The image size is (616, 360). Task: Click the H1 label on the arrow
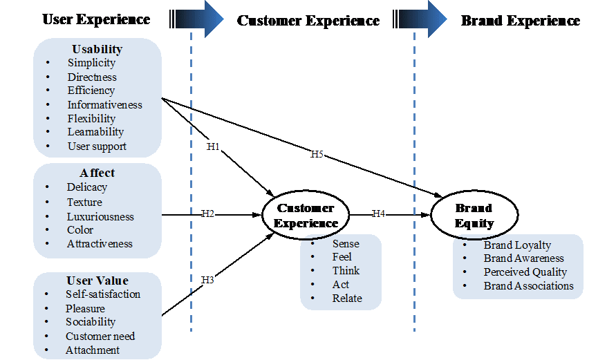(x=214, y=146)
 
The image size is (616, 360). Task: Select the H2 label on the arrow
(x=208, y=214)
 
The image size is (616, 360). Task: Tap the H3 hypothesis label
(x=208, y=280)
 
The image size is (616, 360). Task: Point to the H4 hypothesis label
(x=379, y=214)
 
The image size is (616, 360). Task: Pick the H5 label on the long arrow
(x=317, y=154)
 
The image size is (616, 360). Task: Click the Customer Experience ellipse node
(x=306, y=216)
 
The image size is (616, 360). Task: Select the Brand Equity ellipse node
(x=474, y=216)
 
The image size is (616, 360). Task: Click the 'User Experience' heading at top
(x=96, y=19)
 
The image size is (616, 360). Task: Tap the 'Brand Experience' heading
(x=521, y=21)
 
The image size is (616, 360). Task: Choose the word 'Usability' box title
(x=97, y=49)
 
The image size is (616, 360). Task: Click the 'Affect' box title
(x=97, y=173)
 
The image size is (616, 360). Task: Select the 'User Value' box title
(x=97, y=281)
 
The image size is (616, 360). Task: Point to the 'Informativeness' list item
(x=104, y=105)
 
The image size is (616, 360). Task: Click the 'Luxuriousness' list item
(x=100, y=216)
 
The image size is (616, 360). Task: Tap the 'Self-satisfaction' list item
(x=103, y=294)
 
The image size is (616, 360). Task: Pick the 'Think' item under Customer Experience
(x=346, y=271)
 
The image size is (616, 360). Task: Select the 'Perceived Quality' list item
(x=525, y=272)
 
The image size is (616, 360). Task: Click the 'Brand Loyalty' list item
(x=517, y=245)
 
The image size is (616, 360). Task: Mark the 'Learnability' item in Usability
(x=95, y=132)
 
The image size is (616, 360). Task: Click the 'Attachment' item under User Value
(x=93, y=350)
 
